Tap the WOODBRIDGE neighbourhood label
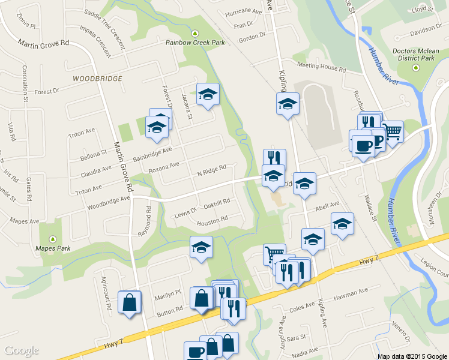[x=97, y=79]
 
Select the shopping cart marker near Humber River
[x=393, y=130]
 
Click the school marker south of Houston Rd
[x=201, y=246]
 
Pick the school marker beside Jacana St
[x=208, y=94]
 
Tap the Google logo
[x=22, y=350]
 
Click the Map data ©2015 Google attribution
[x=411, y=356]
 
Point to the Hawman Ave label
[x=351, y=293]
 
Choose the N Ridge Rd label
[x=211, y=171]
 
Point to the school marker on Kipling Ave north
[x=288, y=103]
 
